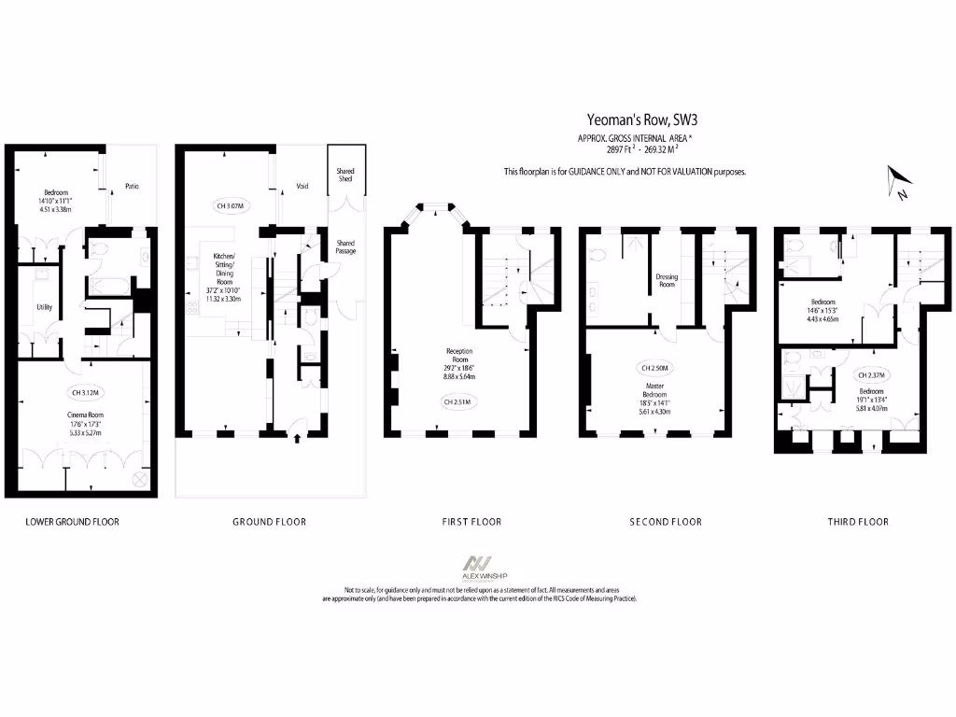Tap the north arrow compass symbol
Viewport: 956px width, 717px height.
point(899,181)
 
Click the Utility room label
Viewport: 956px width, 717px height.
point(44,307)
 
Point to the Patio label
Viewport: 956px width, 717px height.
point(132,187)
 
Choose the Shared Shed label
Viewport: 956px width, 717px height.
point(345,175)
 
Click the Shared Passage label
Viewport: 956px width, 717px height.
point(345,246)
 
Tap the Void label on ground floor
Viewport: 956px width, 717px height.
point(302,186)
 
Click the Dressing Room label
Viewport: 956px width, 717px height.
point(666,281)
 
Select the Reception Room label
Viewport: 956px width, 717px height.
point(458,357)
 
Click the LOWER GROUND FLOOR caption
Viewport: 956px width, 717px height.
point(72,522)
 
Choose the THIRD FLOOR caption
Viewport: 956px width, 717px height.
point(858,522)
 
